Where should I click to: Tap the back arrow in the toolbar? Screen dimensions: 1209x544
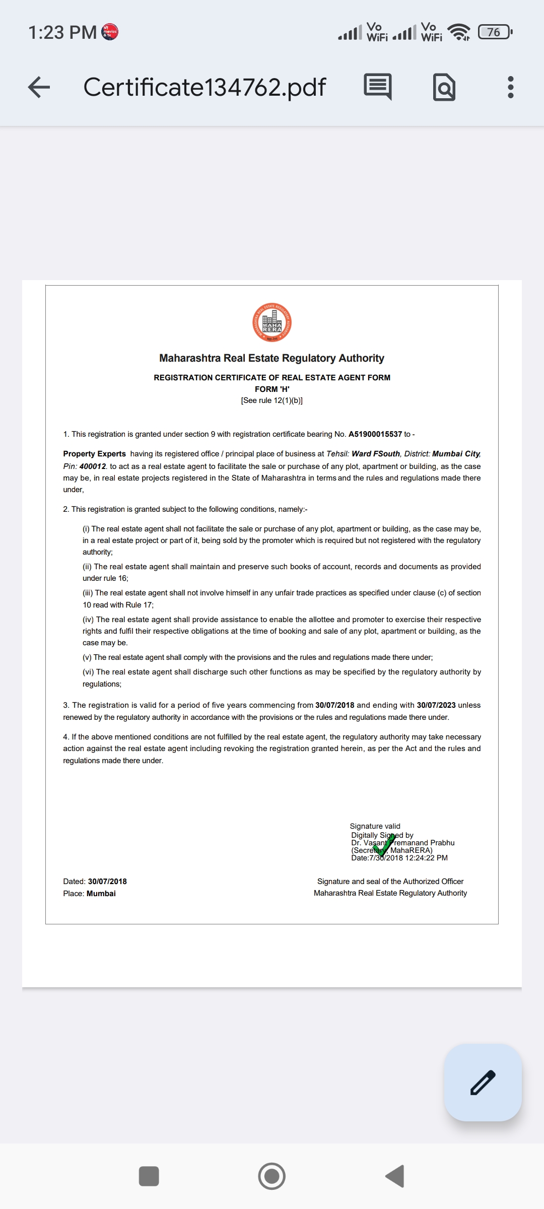tap(39, 87)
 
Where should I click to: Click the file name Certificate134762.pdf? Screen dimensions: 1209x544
tap(205, 87)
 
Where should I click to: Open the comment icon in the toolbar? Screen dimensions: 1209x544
tap(378, 87)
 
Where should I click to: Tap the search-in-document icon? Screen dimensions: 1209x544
tap(444, 87)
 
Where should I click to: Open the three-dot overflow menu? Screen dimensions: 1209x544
tap(511, 87)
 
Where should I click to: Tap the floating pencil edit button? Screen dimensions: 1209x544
tap(483, 1082)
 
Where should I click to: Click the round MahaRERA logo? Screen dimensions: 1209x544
tap(272, 322)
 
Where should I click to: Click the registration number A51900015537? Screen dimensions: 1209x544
tap(375, 434)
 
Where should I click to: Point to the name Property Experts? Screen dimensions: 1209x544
tap(94, 454)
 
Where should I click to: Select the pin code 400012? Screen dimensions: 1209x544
tap(93, 466)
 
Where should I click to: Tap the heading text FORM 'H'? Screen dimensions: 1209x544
tap(272, 389)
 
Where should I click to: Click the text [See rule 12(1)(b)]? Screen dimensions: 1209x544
tap(272, 400)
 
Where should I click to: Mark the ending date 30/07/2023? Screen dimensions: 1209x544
tap(436, 705)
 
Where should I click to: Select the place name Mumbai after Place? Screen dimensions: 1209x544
tap(101, 894)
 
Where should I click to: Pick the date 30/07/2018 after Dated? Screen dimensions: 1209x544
tap(107, 882)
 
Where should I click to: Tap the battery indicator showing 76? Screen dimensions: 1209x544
tap(495, 32)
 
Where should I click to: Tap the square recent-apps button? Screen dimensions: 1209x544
tap(149, 1176)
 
